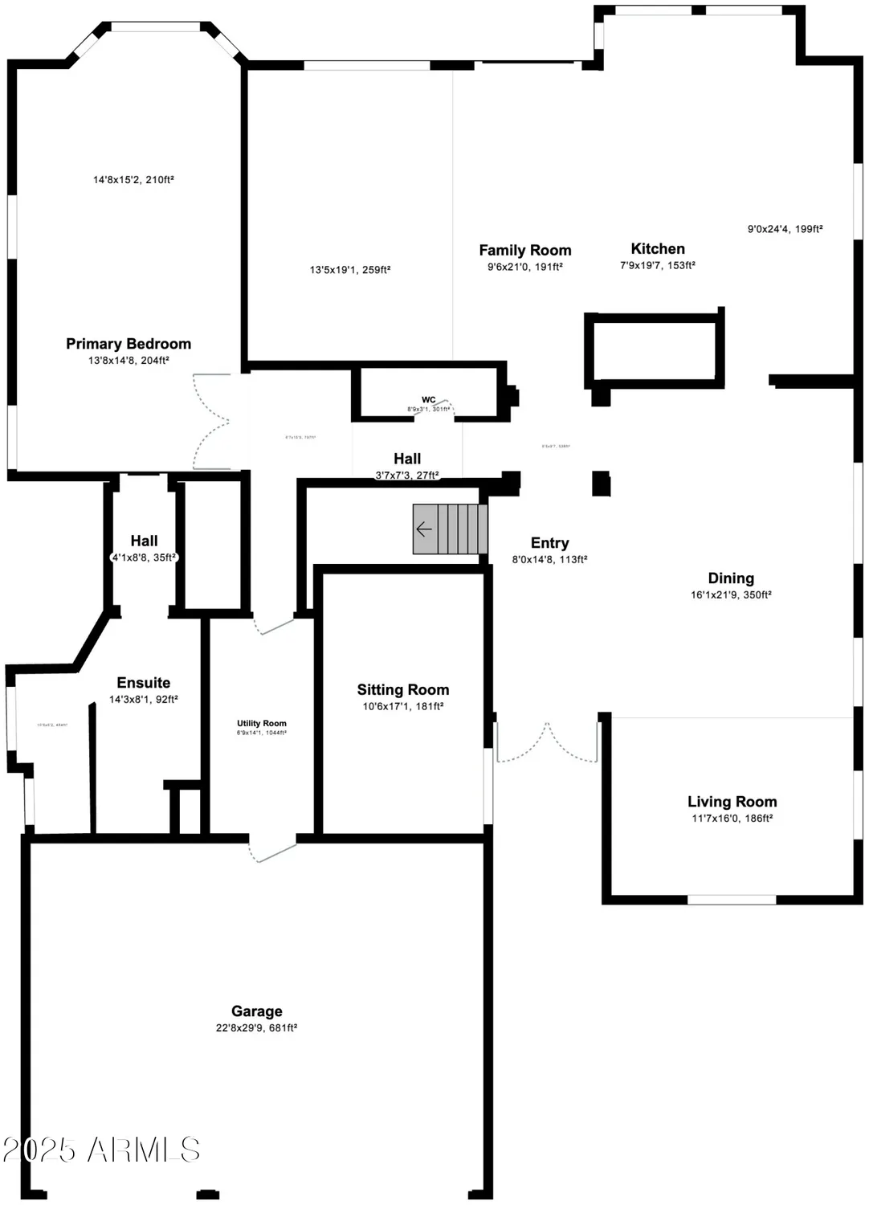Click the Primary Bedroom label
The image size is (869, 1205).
(129, 344)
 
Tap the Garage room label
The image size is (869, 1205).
(257, 1011)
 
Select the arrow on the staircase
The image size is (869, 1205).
(424, 529)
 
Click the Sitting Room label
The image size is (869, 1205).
(403, 690)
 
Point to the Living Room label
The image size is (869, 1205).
(732, 802)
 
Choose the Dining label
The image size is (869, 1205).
(731, 578)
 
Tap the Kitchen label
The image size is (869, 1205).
(658, 249)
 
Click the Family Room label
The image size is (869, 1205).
(525, 251)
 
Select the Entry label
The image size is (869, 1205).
(550, 543)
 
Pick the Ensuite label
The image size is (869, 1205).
(144, 683)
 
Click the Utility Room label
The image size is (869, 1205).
(262, 724)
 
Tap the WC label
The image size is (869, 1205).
(429, 400)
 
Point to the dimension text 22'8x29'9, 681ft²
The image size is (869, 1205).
(257, 1028)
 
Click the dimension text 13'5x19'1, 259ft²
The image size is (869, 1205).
(350, 270)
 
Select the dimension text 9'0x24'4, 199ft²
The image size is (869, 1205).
(785, 229)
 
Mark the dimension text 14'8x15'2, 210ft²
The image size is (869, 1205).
(133, 180)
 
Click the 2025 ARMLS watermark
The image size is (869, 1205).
(101, 1150)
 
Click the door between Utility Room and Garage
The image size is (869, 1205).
(273, 850)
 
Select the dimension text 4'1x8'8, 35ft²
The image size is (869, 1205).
(144, 558)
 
